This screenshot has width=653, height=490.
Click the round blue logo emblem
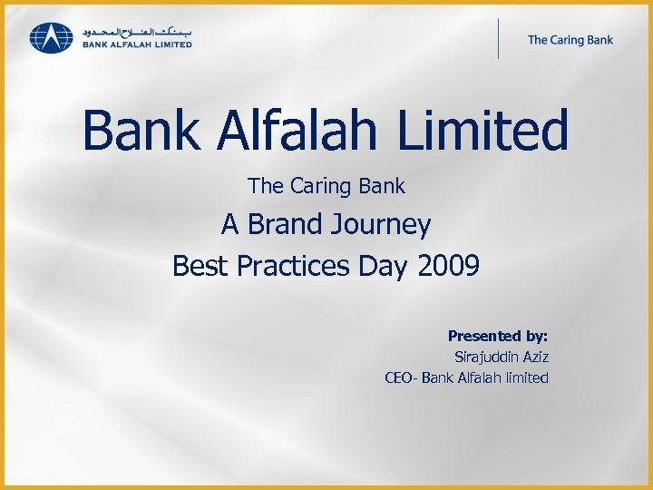coord(51,38)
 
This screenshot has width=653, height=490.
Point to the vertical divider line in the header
coord(498,39)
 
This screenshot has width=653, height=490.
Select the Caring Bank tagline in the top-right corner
coord(570,39)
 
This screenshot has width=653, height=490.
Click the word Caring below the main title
coord(322,187)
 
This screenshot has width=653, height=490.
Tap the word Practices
coord(290,266)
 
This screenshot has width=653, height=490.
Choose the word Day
coord(385,267)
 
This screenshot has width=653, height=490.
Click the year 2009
coord(449,266)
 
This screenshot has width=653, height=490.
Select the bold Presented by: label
coord(498,336)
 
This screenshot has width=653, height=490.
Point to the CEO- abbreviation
coord(401,377)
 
